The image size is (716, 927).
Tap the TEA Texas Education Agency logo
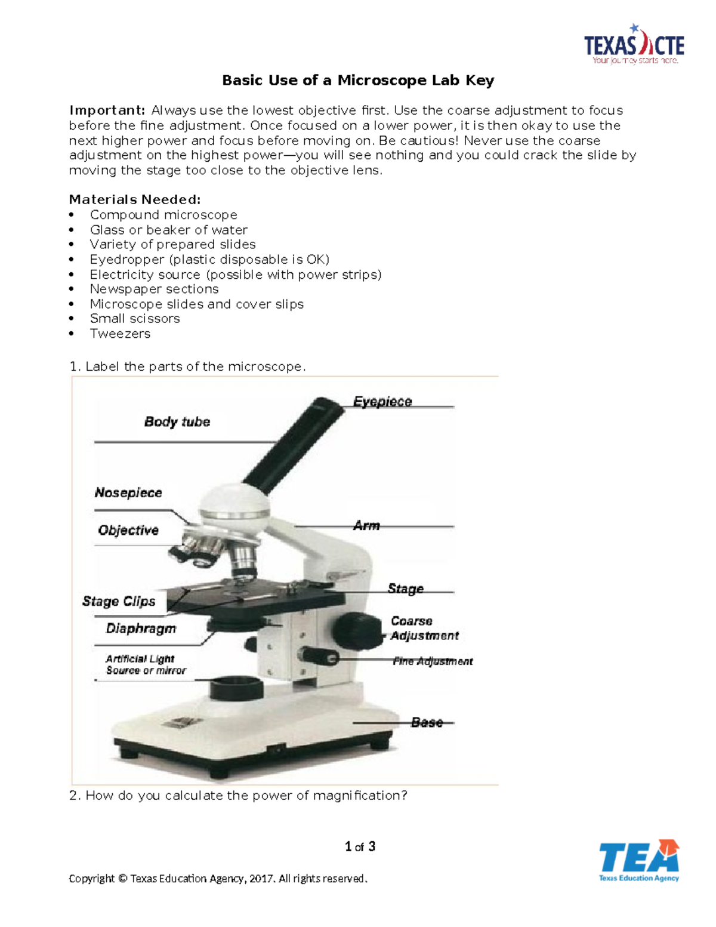pyautogui.click(x=638, y=860)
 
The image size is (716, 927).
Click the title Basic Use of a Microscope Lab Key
pyautogui.click(x=358, y=81)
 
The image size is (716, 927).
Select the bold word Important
pyautogui.click(x=107, y=110)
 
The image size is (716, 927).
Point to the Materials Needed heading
pyautogui.click(x=135, y=199)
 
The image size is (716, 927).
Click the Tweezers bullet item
pyautogui.click(x=120, y=334)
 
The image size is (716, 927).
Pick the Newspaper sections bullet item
pyautogui.click(x=154, y=289)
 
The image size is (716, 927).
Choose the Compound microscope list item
pyautogui.click(x=163, y=215)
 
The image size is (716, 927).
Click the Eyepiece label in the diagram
pyautogui.click(x=382, y=402)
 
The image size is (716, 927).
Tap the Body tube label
pyautogui.click(x=177, y=422)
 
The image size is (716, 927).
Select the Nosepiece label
pyautogui.click(x=128, y=493)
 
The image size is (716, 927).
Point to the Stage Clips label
pyautogui.click(x=119, y=601)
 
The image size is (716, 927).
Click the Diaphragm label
pyautogui.click(x=141, y=629)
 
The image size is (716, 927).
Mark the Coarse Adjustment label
pyautogui.click(x=424, y=629)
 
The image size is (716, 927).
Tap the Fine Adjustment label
pyautogui.click(x=433, y=661)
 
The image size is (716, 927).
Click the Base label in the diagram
pyautogui.click(x=427, y=723)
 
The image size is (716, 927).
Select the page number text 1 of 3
pyautogui.click(x=360, y=846)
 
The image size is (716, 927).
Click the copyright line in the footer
pyautogui.click(x=218, y=879)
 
